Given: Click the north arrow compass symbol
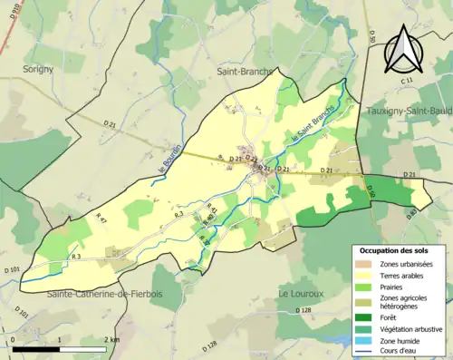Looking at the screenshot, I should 400,49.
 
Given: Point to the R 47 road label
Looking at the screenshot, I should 101,220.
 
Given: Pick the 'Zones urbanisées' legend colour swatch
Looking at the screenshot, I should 361,264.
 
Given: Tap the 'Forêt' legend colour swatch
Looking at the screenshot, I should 361,317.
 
